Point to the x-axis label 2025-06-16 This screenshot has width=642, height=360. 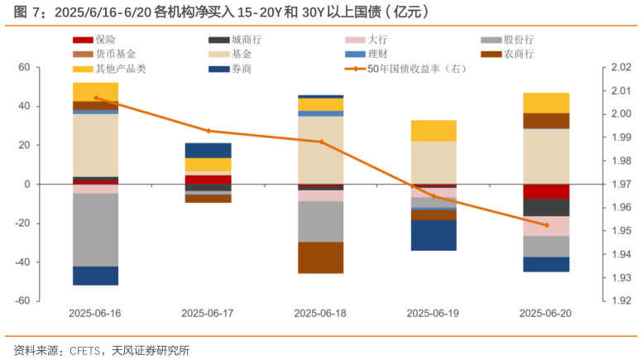[95, 314]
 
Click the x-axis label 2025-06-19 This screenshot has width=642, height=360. [433, 314]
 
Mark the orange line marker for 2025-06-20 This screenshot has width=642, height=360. [546, 225]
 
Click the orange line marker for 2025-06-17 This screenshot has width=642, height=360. [208, 131]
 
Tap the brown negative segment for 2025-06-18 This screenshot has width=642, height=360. [321, 257]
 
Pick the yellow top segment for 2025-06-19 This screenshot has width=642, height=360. [434, 131]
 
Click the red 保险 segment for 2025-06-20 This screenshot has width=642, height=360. [546, 191]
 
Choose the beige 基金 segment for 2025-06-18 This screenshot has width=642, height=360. [321, 150]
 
